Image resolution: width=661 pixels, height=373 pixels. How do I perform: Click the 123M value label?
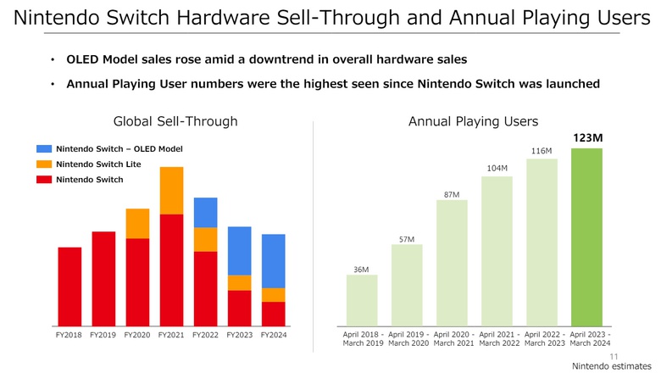[587, 137]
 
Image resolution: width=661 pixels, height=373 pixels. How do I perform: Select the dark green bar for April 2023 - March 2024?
[587, 237]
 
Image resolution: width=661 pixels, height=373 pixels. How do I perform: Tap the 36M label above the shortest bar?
[361, 270]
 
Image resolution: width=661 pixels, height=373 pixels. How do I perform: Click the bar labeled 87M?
[452, 263]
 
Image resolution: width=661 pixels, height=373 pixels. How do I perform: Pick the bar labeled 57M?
[407, 285]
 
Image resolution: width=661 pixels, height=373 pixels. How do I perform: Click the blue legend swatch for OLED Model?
[44, 149]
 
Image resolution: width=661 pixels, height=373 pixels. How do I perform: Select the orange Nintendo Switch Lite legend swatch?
[44, 164]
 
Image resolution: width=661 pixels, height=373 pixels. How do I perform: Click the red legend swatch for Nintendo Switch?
[44, 180]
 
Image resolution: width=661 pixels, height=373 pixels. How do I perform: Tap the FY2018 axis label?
[69, 336]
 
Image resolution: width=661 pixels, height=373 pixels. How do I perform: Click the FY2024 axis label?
[273, 336]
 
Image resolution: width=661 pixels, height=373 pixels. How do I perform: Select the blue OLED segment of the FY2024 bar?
[273, 261]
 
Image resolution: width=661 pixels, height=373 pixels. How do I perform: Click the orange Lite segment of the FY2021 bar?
[171, 190]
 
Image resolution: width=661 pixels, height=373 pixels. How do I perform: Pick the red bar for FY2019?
[103, 279]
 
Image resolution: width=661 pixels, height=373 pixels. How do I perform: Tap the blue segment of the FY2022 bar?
[205, 212]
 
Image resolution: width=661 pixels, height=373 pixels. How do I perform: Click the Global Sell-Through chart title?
[175, 121]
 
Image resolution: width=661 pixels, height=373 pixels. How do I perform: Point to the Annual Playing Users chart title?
[473, 121]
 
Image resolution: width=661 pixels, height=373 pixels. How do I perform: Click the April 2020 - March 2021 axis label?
[452, 338]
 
